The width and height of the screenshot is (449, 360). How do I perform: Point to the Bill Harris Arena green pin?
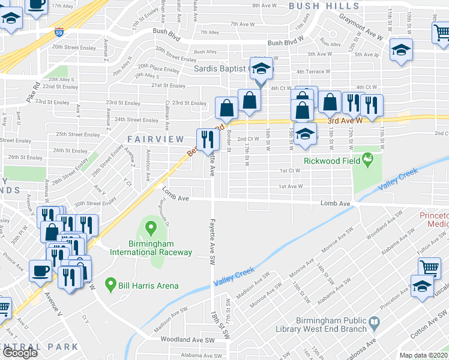(110, 283)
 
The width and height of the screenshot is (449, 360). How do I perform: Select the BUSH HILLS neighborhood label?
(318, 6)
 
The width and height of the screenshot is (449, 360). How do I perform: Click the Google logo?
(20, 353)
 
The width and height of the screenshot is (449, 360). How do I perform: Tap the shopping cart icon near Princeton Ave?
(429, 268)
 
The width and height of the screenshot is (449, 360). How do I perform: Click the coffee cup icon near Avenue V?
(40, 269)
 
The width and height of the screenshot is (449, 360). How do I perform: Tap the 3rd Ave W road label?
(345, 120)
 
